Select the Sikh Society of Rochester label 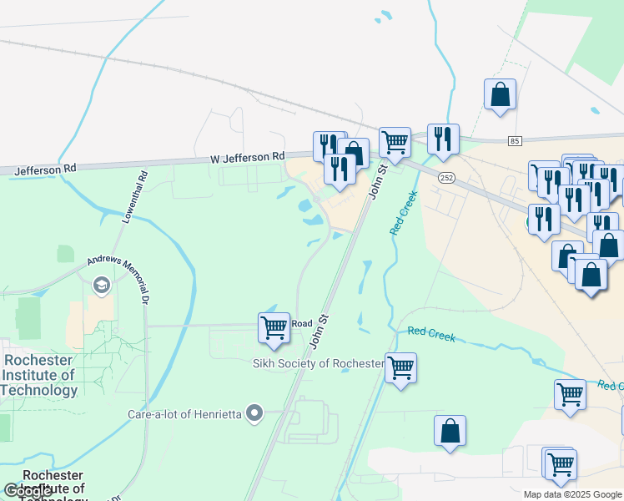coord(318,364)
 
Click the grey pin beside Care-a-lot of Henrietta coord(255,412)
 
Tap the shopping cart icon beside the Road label coord(274,326)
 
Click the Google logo coord(27,491)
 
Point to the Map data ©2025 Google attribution coord(572,494)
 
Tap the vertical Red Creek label coord(403,213)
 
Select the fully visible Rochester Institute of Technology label coord(39,374)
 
